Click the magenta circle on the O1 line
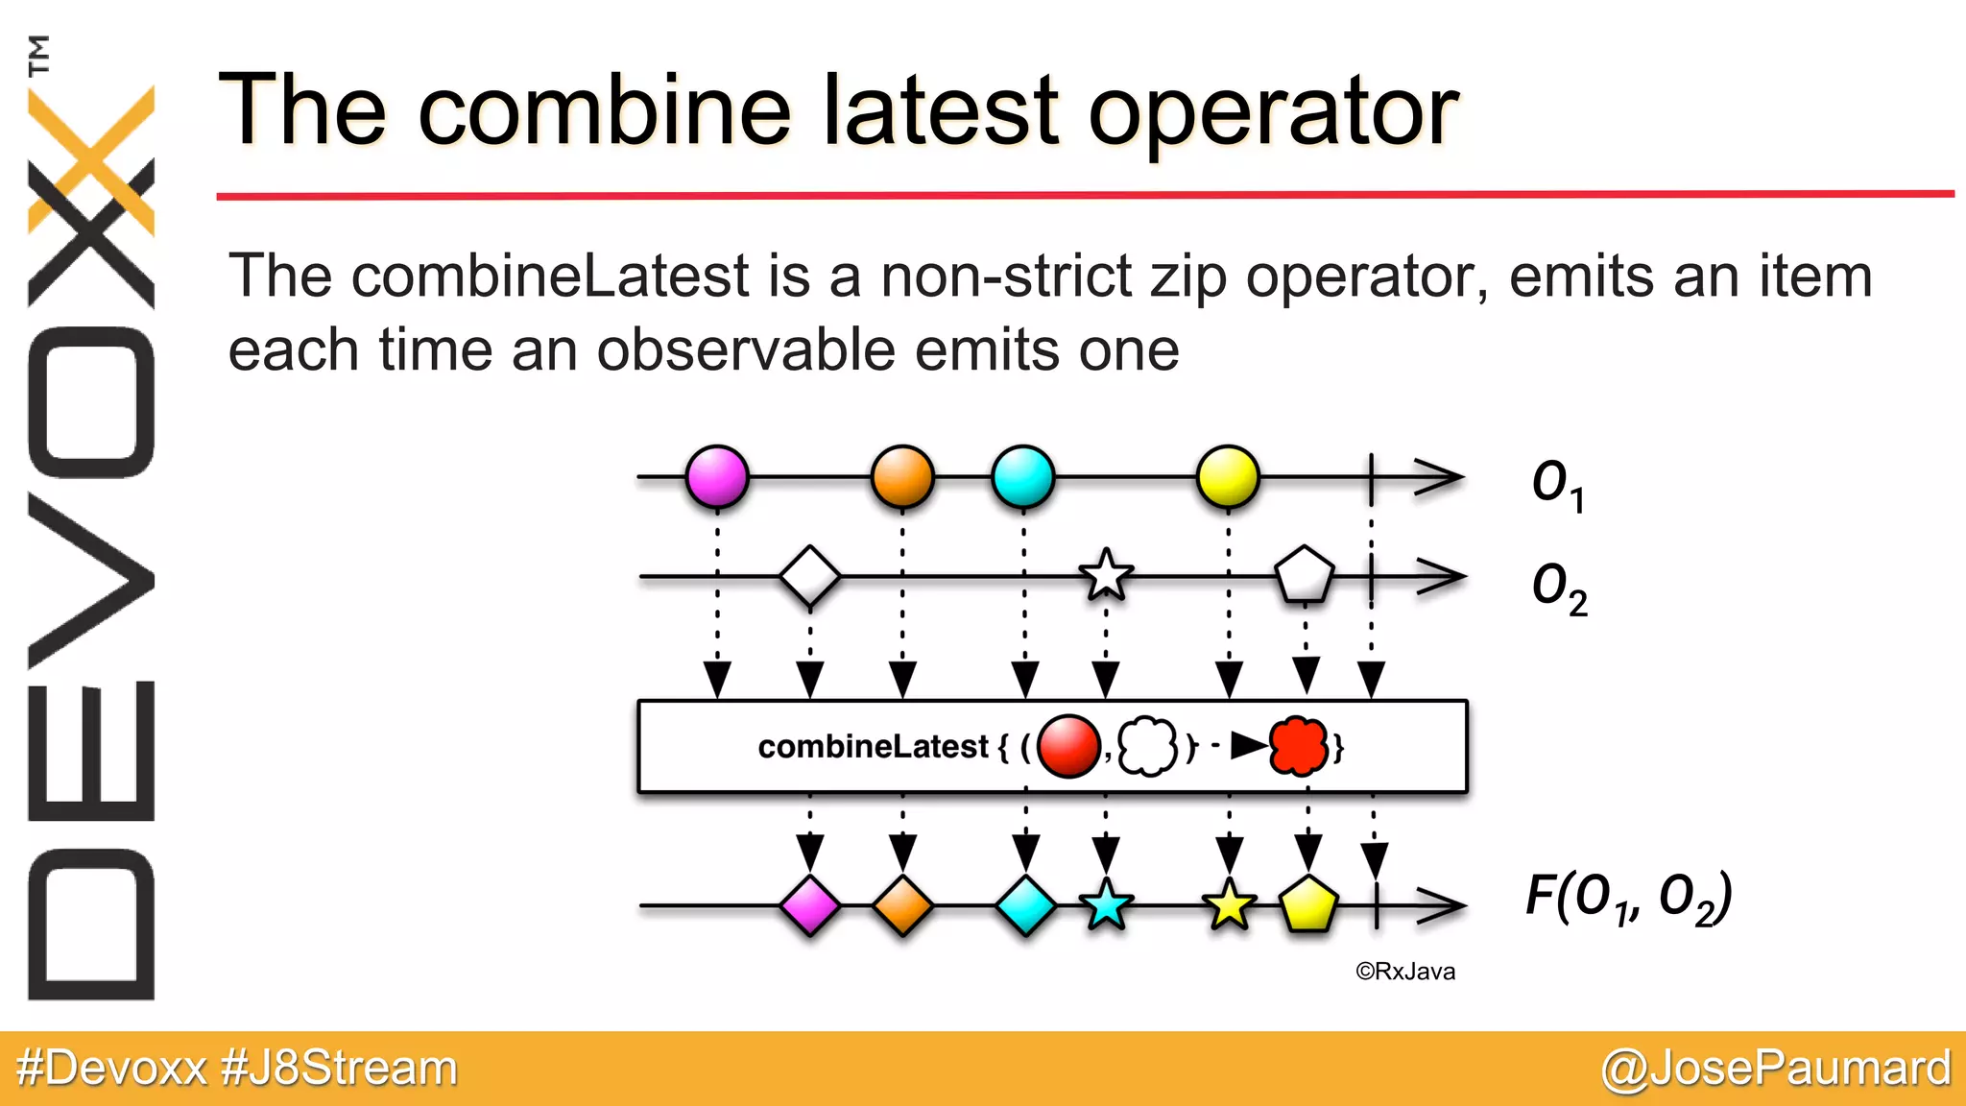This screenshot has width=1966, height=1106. click(717, 476)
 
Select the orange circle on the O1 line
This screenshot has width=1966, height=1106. click(902, 476)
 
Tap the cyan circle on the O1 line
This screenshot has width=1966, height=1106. click(1023, 476)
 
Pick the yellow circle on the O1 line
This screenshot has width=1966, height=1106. click(1228, 476)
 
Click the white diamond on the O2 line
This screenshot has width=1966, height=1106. click(810, 576)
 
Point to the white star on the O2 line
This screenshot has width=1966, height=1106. click(1106, 576)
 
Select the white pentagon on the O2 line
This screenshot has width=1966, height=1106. click(1304, 575)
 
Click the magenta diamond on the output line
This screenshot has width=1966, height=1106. click(810, 905)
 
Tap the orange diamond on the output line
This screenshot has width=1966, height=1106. click(902, 905)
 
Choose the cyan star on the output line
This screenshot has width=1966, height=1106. click(1106, 905)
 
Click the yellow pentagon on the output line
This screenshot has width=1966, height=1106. click(1308, 904)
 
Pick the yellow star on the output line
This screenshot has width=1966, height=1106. click(1229, 905)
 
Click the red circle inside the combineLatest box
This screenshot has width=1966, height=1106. click(1067, 746)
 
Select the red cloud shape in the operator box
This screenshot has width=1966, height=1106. click(1299, 746)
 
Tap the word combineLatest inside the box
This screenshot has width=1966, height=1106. click(873, 747)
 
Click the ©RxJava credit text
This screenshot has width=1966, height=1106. click(1405, 972)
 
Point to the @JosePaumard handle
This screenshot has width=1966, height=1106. click(1776, 1068)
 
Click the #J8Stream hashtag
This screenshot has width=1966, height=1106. click(339, 1068)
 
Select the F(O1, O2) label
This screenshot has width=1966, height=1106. click(1628, 898)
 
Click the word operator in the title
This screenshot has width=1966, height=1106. click(1273, 113)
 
